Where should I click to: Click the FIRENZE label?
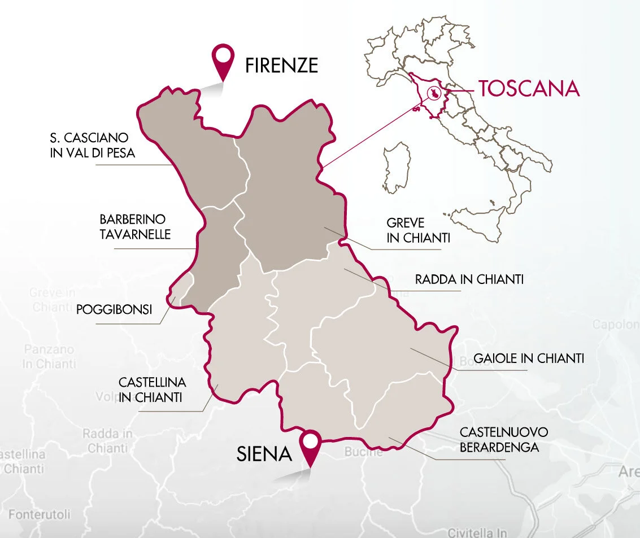(281, 66)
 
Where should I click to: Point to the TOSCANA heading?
(529, 88)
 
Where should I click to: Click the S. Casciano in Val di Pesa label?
(93, 145)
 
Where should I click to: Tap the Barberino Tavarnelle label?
(135, 226)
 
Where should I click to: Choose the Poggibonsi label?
(115, 310)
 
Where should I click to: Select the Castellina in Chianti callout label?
(150, 390)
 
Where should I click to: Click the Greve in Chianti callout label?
(418, 230)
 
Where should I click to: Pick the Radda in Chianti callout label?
(469, 279)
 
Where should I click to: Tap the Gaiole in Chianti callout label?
(529, 358)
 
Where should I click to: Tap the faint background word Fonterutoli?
(40, 515)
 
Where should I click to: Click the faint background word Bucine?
(363, 452)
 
